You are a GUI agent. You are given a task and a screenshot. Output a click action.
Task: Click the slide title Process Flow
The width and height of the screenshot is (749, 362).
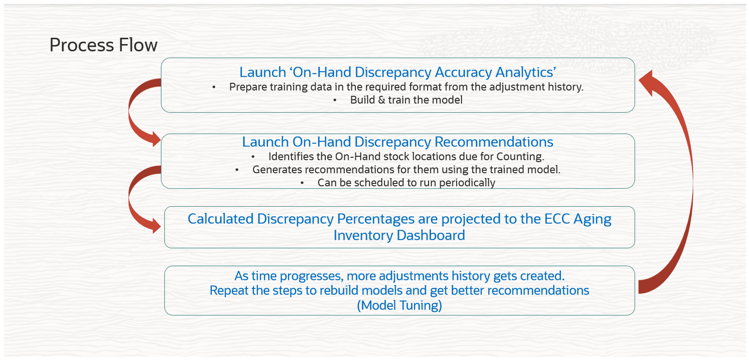coord(103,45)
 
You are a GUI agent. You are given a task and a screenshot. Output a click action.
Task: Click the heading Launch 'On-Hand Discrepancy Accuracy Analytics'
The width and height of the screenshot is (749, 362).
coord(398,72)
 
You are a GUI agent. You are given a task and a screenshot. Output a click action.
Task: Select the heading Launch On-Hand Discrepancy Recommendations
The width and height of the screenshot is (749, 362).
coord(397,142)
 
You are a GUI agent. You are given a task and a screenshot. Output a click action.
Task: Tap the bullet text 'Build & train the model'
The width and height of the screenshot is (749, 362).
coord(406,100)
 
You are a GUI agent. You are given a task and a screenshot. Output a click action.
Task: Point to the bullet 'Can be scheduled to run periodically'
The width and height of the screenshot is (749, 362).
coord(406,182)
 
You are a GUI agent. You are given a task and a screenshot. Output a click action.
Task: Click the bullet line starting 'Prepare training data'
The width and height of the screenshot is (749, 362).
coord(406,87)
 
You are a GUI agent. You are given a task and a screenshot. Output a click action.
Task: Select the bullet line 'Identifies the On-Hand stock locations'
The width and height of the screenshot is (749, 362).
coord(406,156)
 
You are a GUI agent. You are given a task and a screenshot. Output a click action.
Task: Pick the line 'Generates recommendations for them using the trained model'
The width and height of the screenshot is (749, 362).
coord(406,170)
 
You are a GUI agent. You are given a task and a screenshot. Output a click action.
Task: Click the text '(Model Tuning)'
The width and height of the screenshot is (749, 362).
coord(399,305)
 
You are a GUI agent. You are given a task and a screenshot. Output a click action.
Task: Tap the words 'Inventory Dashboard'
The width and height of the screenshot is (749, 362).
coord(399,235)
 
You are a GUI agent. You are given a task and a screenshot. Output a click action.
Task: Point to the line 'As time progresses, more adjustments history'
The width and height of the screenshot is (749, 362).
coord(399,276)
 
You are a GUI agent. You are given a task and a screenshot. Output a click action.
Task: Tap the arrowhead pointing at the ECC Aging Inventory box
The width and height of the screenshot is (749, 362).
coord(156,226)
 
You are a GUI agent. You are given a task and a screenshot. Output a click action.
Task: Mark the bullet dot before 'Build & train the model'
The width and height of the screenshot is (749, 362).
coord(335,100)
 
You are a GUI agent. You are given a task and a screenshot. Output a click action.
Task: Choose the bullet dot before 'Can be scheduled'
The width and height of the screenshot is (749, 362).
coord(302,183)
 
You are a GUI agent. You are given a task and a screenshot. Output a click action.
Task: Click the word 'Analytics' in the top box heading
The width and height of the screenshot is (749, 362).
coord(526,72)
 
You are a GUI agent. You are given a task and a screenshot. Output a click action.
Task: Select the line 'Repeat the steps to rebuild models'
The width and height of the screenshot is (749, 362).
coord(399,291)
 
